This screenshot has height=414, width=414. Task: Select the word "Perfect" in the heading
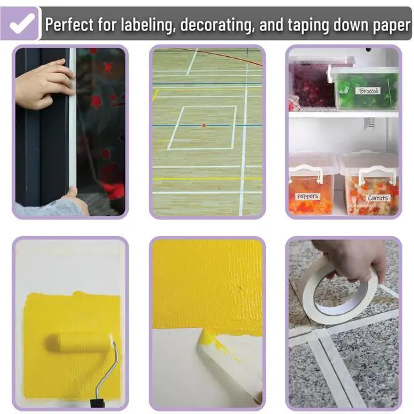click(x=69, y=25)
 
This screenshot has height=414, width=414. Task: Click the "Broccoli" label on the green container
click(x=369, y=91)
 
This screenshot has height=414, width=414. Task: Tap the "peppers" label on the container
click(x=308, y=197)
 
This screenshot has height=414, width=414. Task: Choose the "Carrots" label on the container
click(x=378, y=198)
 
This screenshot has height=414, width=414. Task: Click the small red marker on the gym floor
click(x=204, y=125)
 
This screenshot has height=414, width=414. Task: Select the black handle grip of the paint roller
click(x=98, y=403)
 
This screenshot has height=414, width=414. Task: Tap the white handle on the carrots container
click(x=377, y=175)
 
